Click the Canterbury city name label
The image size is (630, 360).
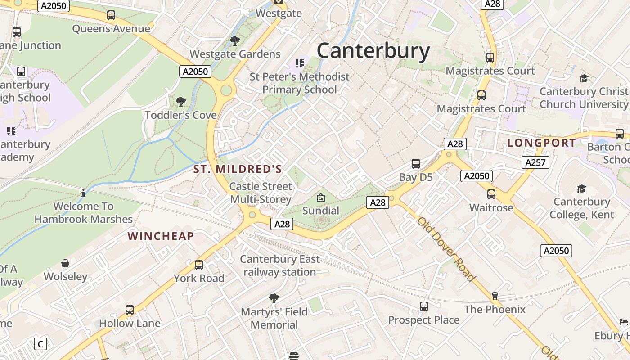coord(373,51)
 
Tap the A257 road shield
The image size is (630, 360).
coord(535,162)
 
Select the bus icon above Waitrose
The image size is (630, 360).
coord(491,194)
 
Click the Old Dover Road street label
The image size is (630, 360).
coord(445,249)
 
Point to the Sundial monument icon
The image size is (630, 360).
coord(321,197)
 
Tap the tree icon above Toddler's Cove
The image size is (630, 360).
coord(181,101)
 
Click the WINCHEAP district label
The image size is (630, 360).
coord(161,236)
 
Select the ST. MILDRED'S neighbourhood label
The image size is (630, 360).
coord(238,170)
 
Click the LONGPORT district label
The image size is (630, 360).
coord(541,143)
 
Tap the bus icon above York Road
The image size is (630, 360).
coord(199,265)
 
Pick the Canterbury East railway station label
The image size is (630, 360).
coord(280,265)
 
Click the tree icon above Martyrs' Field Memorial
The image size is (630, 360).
coord(274,298)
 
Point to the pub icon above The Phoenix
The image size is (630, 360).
coord(495,296)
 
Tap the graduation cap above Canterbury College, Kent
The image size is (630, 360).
coord(581,189)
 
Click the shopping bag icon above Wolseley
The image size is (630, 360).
coord(65,263)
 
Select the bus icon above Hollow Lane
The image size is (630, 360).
coord(130,310)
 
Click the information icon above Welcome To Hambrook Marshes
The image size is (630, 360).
coord(83,193)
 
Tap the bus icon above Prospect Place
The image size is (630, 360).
coord(423,306)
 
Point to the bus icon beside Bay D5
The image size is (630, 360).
coord(416,163)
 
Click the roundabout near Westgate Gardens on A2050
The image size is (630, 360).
coord(226,90)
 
